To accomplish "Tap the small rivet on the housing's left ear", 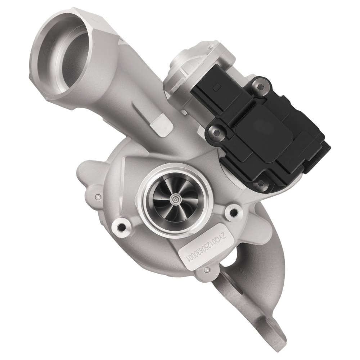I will point(97,197).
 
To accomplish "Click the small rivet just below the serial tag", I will point(205,269).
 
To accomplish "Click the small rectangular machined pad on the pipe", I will point(158,125).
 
